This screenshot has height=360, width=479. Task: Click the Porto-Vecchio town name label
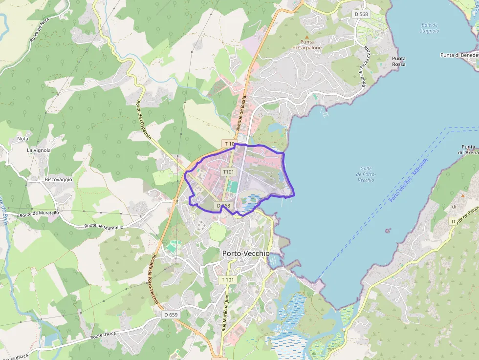(245, 254)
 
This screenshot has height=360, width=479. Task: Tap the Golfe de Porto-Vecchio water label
(366, 174)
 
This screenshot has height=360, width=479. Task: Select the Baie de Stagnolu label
(429, 27)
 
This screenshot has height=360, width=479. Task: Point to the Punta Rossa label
(398, 61)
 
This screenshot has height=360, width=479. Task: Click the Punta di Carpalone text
(307, 45)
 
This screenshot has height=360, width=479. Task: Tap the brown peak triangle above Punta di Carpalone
(307, 37)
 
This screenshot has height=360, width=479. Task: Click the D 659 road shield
(171, 315)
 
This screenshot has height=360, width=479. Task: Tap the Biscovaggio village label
(58, 179)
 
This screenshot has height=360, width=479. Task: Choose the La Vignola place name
(39, 150)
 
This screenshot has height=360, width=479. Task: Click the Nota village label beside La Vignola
(22, 139)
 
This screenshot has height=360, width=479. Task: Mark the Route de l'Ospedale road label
(143, 118)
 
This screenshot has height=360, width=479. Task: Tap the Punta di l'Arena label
(468, 149)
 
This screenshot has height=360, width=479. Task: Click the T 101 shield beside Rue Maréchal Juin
(228, 279)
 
